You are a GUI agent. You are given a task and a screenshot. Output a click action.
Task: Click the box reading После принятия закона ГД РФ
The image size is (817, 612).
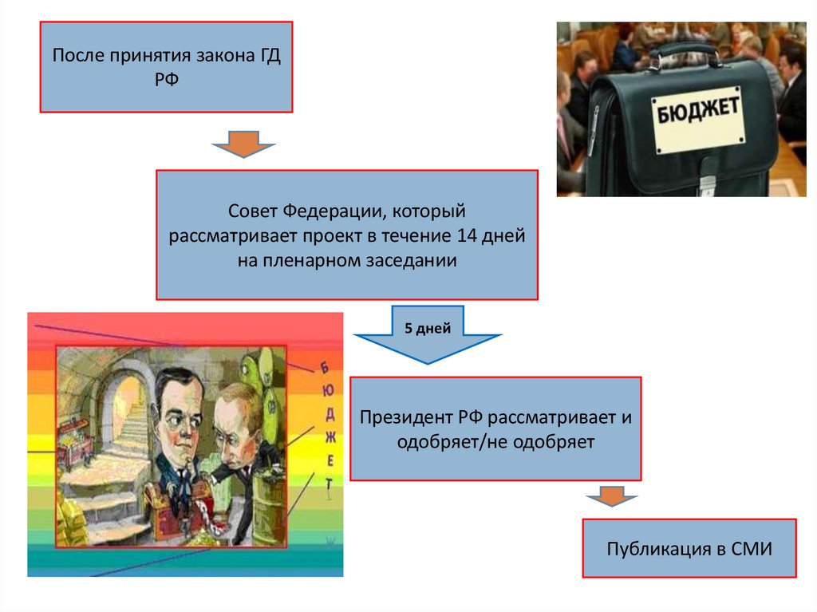[167, 67]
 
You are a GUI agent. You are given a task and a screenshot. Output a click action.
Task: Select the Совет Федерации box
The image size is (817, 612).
[346, 235]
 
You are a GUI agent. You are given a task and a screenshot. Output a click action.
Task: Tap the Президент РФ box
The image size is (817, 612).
[495, 428]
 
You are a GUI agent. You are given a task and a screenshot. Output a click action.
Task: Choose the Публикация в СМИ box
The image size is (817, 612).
[689, 548]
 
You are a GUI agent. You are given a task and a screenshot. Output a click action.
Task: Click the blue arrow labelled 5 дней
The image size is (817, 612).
[427, 334]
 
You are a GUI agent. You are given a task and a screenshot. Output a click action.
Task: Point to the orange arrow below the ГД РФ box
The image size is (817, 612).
[243, 144]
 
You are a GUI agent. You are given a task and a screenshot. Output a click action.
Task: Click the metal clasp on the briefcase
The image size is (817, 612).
[706, 185]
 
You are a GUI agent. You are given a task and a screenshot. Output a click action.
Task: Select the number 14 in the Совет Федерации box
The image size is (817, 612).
[469, 236]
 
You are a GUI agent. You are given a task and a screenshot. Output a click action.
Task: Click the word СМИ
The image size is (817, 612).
[752, 549]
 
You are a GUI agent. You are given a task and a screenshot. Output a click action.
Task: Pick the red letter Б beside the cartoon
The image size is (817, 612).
[325, 367]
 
